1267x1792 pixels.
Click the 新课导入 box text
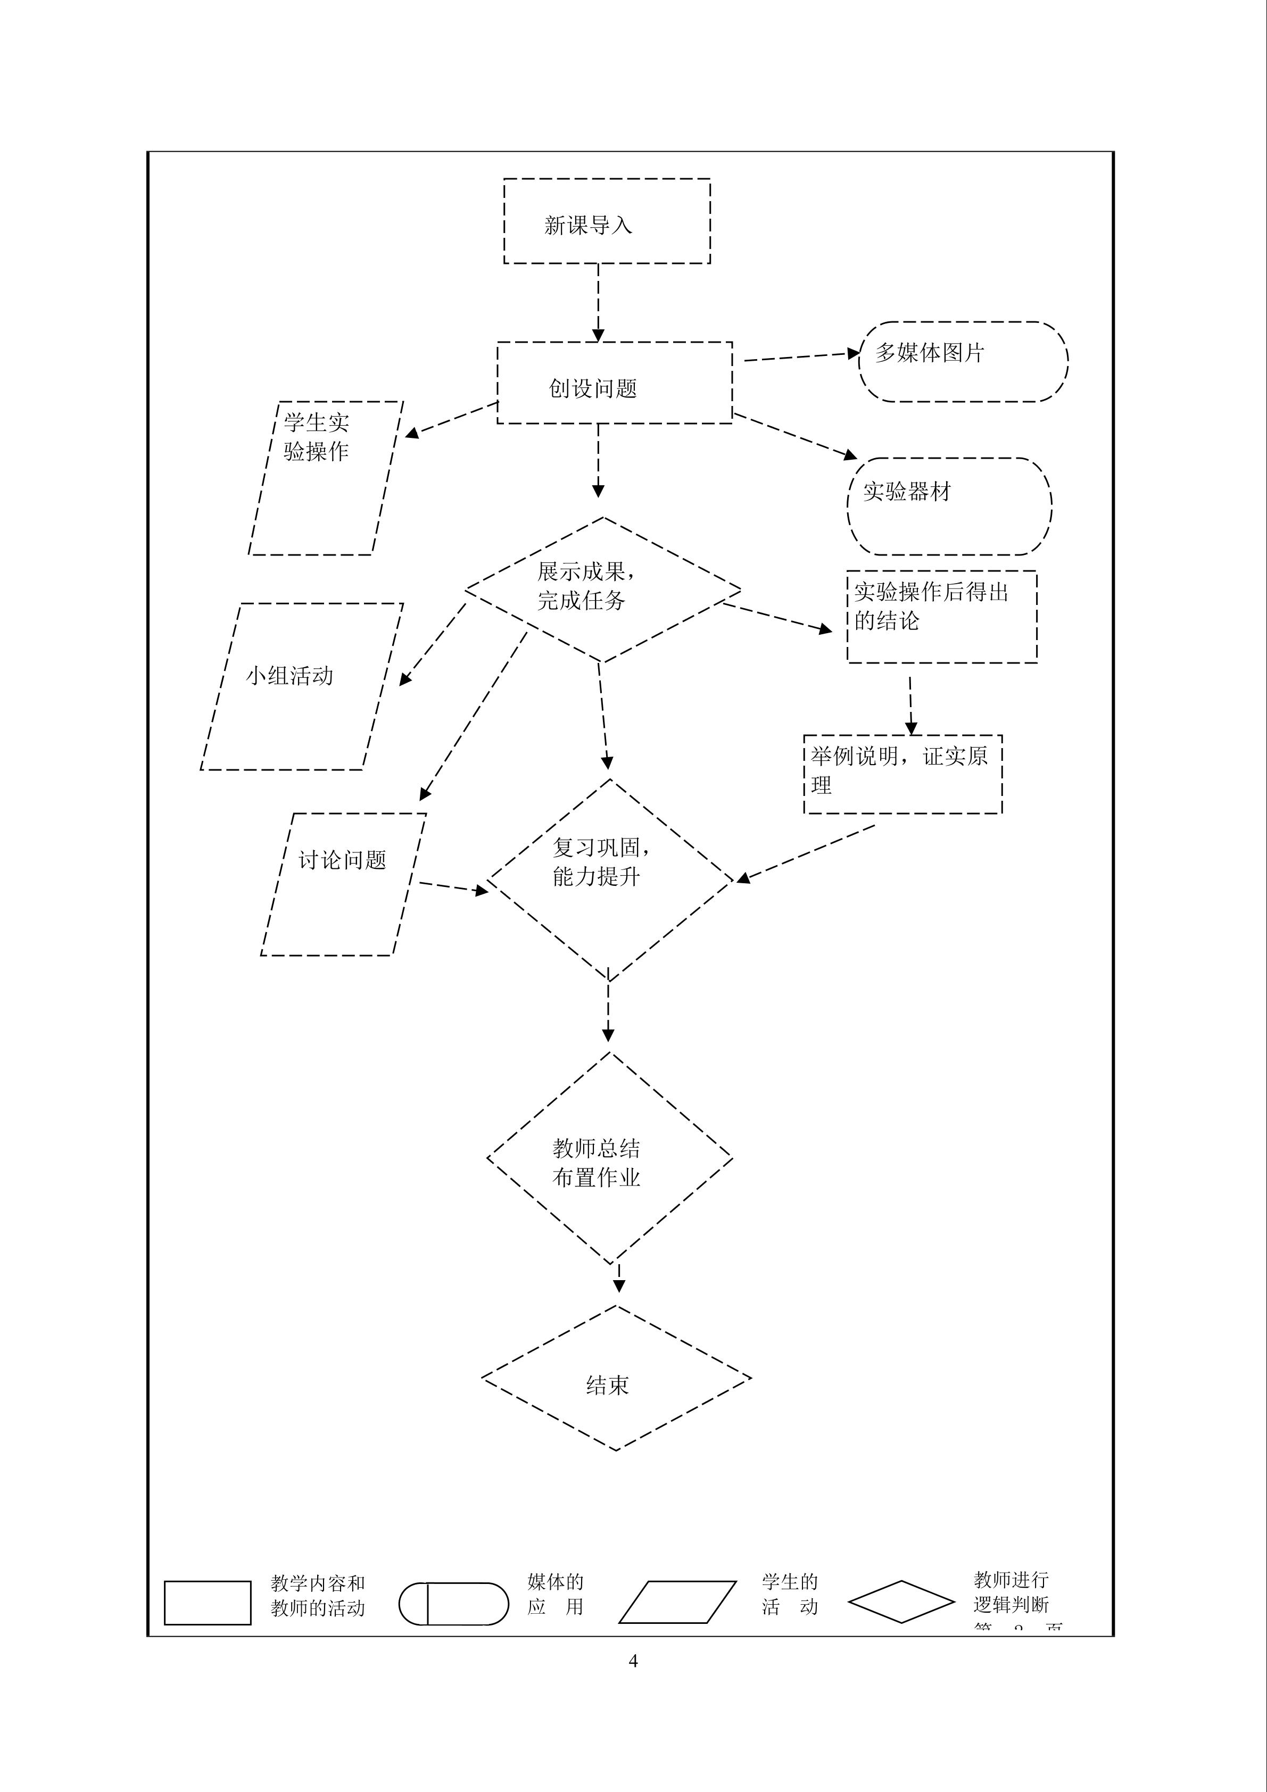pos(588,226)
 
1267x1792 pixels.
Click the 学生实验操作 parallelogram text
pos(316,437)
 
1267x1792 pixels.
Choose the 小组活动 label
pos(289,676)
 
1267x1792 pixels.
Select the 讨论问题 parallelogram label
pos(342,860)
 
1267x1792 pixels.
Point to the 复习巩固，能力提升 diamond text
pos(600,862)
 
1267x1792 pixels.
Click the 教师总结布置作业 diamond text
pos(597,1163)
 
